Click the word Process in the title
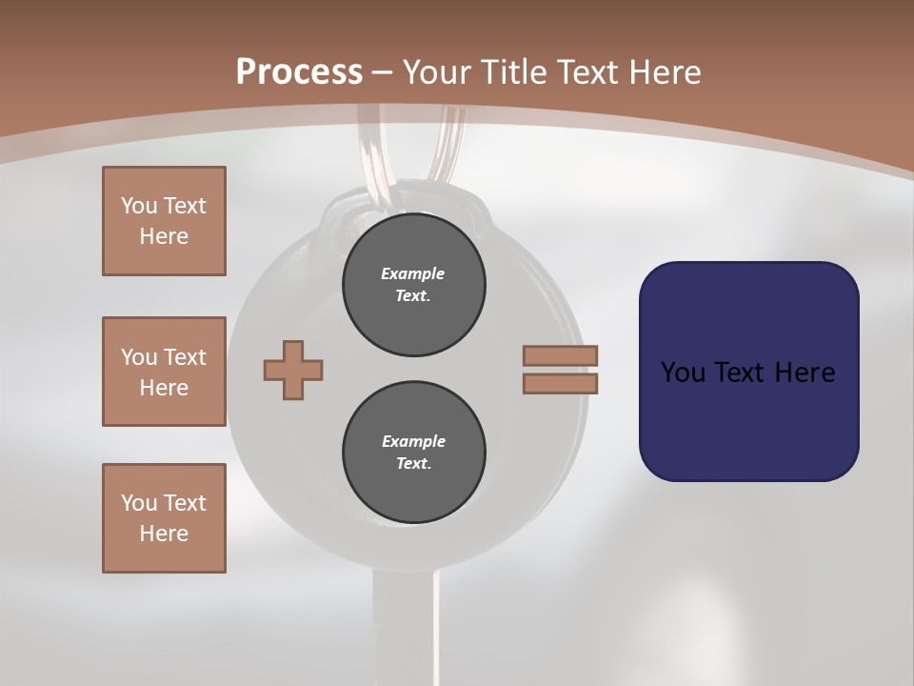[x=299, y=72]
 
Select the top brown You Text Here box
[x=164, y=221]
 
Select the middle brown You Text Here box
[x=164, y=372]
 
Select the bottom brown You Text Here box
[x=164, y=518]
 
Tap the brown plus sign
[x=293, y=370]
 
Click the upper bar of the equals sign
[x=560, y=355]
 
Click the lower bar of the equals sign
[x=560, y=383]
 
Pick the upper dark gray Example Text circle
[x=413, y=284]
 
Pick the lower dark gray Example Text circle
[x=413, y=452]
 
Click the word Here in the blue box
[x=805, y=373]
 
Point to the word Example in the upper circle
[x=413, y=273]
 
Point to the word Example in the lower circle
[x=413, y=441]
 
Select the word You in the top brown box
[x=138, y=206]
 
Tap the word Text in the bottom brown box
[x=185, y=503]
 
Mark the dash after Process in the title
[x=382, y=72]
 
